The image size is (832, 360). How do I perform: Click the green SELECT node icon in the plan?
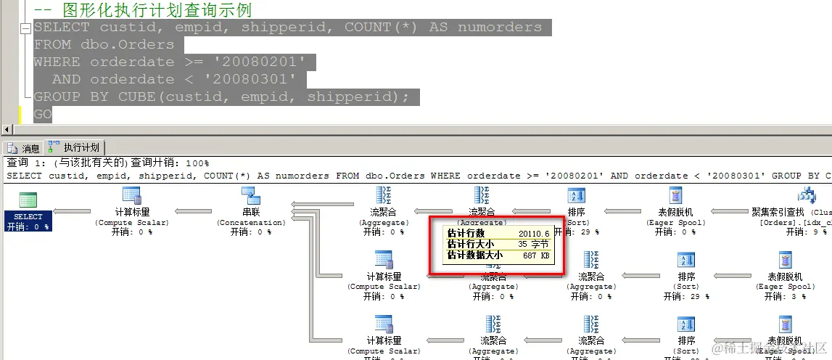tap(28, 200)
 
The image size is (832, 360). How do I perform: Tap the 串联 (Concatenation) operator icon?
tap(250, 196)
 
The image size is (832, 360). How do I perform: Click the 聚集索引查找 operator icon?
tap(806, 196)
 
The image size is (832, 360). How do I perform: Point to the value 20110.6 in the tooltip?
tap(534, 233)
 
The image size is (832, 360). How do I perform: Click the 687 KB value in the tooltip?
tap(536, 255)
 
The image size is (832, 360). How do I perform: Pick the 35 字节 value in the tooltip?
tap(533, 245)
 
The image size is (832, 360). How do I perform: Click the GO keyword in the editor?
tap(43, 114)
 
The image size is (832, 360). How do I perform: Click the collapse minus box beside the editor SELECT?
tap(25, 28)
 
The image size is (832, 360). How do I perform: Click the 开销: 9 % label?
tap(810, 232)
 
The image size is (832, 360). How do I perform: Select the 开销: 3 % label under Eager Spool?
tap(785, 296)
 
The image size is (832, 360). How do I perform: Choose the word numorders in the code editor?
tap(499, 27)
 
